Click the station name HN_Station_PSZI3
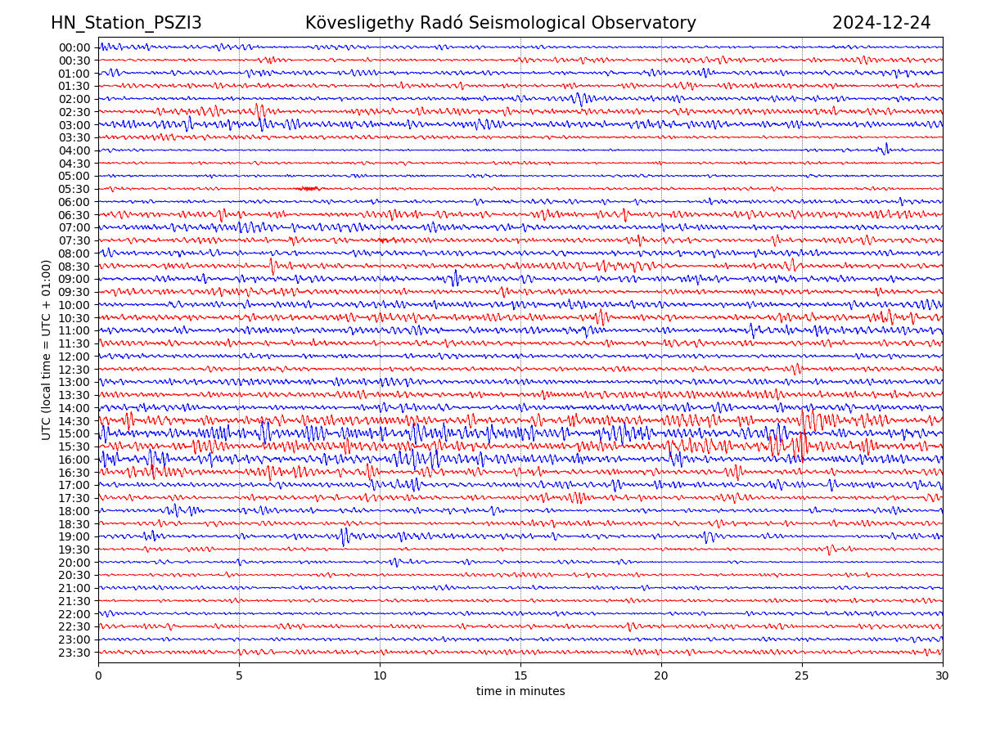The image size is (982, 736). [126, 23]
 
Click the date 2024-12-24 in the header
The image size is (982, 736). [881, 23]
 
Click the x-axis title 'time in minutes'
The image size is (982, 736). [520, 692]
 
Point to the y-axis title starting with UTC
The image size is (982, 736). [47, 349]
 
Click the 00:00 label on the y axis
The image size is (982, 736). [74, 47]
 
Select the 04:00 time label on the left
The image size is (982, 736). [74, 150]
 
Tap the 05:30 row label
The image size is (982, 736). [74, 189]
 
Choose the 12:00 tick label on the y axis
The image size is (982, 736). [74, 357]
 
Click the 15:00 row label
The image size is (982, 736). [74, 433]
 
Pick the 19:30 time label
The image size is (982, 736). [74, 550]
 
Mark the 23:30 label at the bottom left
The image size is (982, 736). [74, 653]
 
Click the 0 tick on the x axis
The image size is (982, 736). [98, 676]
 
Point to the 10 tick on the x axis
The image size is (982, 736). [380, 676]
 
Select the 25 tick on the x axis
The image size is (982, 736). [802, 676]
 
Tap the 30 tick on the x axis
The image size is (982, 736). [943, 676]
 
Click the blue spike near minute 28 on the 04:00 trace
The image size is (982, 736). [886, 148]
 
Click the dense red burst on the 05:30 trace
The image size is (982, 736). [309, 188]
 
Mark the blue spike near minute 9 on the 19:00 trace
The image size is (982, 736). [345, 536]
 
